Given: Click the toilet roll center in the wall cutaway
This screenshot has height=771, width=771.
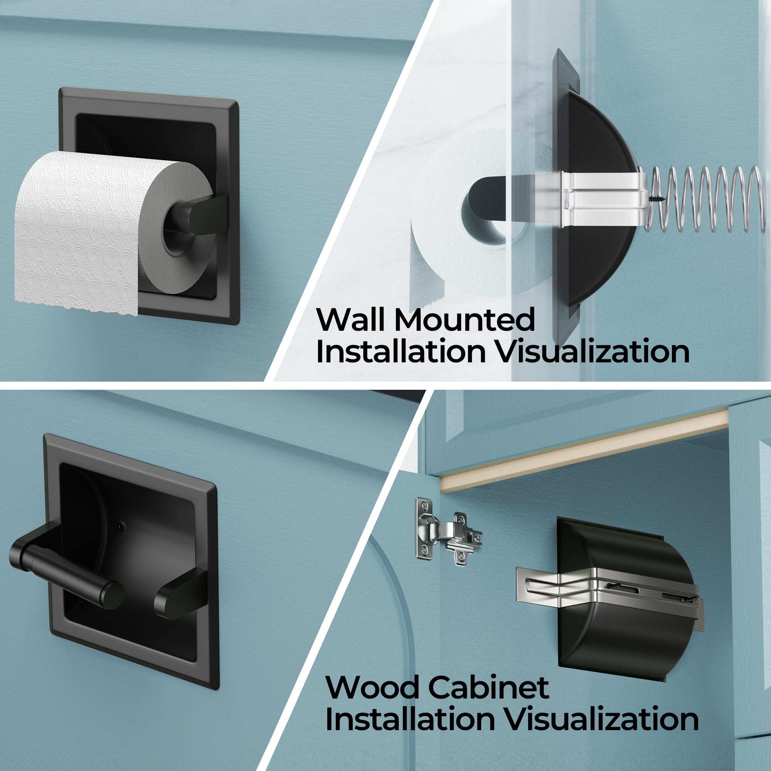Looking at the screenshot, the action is coord(487,212).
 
